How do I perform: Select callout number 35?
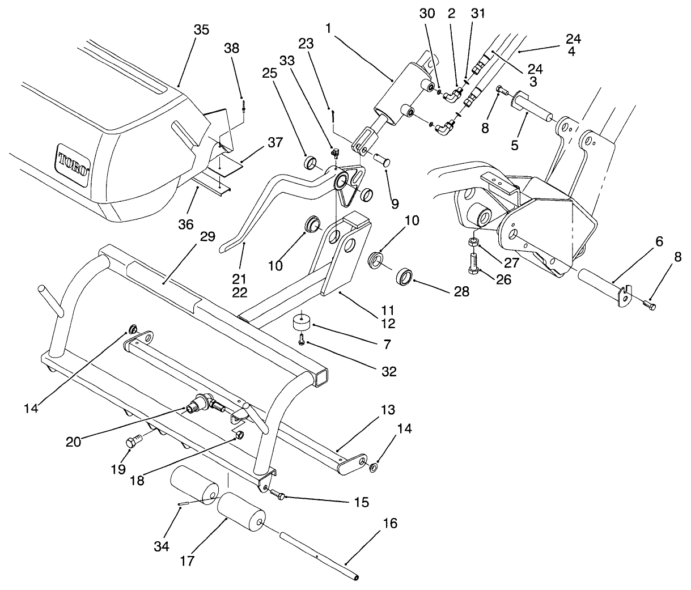tap(201, 30)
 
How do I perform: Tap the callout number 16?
tap(389, 523)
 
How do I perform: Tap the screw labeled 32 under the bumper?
tap(302, 340)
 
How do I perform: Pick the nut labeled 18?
tap(239, 435)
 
